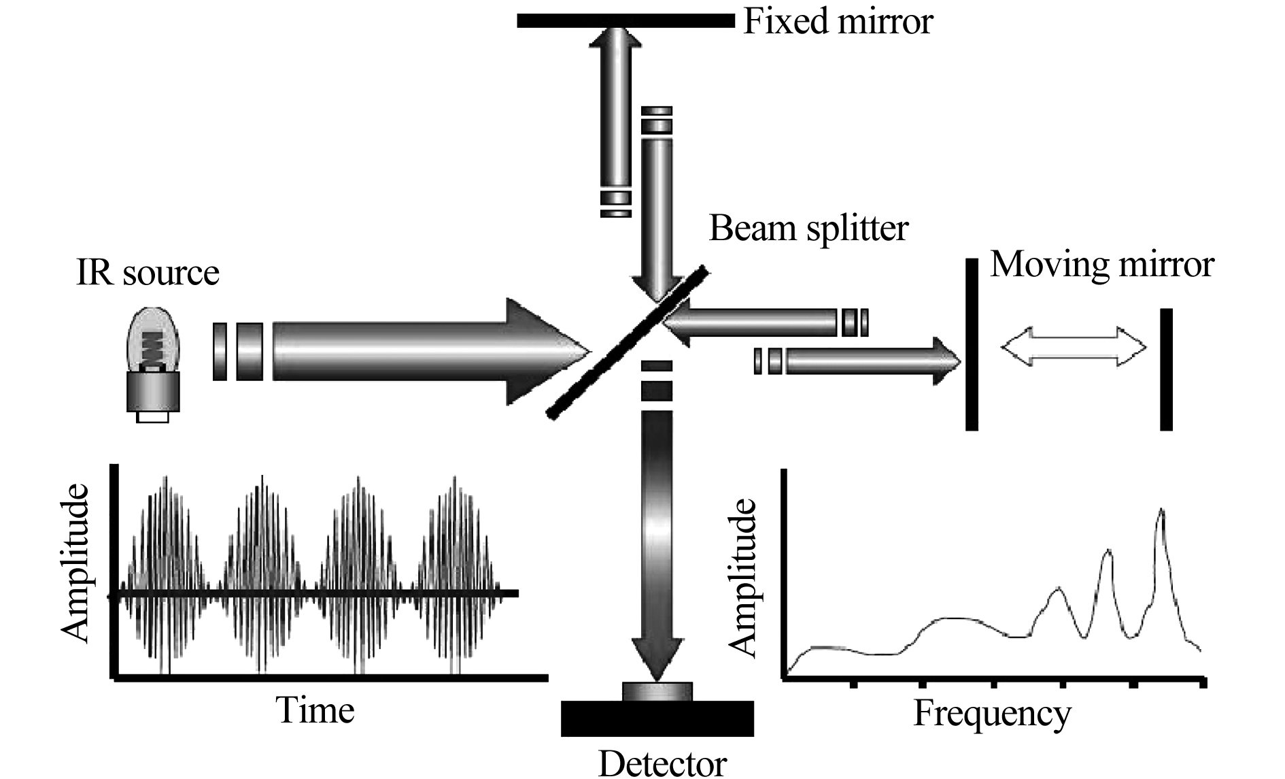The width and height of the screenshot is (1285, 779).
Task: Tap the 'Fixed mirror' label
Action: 838,21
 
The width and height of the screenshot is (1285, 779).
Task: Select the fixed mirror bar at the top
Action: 626,20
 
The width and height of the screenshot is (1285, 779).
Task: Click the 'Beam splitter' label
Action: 808,229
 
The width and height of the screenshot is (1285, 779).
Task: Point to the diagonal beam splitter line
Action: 628,342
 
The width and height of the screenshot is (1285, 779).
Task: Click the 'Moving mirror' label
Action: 1101,264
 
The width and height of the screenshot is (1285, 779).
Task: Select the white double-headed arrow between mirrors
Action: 1073,347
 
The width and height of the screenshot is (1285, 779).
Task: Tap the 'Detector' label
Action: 662,763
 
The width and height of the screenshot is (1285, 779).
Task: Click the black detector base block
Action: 657,718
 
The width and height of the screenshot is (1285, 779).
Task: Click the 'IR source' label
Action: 148,273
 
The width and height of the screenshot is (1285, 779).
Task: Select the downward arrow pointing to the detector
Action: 657,544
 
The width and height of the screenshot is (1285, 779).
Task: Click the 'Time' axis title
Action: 315,710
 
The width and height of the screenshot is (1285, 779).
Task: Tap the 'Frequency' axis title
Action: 992,714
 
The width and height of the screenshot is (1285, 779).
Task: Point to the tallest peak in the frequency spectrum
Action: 1161,510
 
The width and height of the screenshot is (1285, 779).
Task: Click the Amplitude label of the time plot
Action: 75,563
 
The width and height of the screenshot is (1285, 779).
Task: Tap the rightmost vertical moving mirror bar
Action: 1166,369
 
